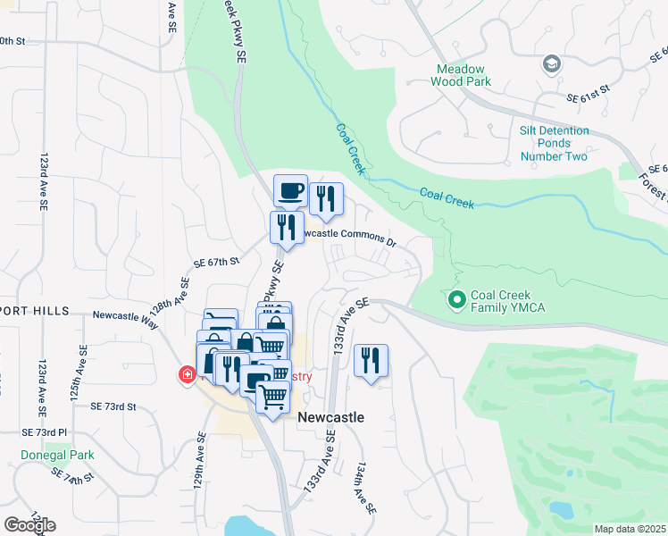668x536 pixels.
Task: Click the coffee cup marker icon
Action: [x=290, y=190]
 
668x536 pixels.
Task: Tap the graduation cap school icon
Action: [x=551, y=63]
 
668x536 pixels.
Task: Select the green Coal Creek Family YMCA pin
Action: [x=457, y=299]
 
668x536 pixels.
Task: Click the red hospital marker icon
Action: [x=188, y=374]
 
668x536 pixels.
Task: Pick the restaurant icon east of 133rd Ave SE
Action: [x=370, y=360]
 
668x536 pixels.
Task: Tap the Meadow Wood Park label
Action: [x=461, y=75]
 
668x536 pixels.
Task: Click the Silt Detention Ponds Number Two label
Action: [x=554, y=143]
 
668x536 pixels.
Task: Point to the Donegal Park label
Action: [x=58, y=455]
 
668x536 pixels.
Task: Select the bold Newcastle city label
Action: [x=330, y=417]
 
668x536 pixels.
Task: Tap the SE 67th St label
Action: [x=218, y=263]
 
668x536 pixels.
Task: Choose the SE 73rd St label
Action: [x=113, y=406]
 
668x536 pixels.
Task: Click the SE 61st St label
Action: [x=587, y=89]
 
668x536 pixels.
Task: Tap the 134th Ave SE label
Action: [x=365, y=487]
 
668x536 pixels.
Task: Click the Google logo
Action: [x=29, y=524]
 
